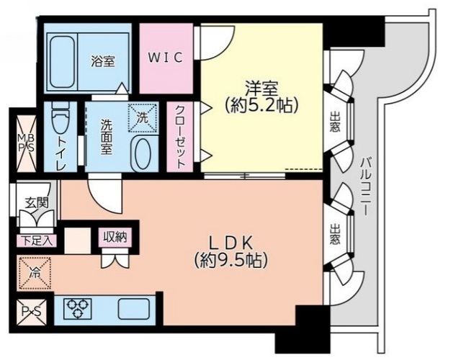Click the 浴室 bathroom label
pyautogui.click(x=103, y=60)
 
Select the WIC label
pyautogui.click(x=166, y=56)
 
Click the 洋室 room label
pyautogui.click(x=260, y=87)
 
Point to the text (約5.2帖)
pyautogui.click(x=260, y=106)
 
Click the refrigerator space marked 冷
pyautogui.click(x=34, y=273)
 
